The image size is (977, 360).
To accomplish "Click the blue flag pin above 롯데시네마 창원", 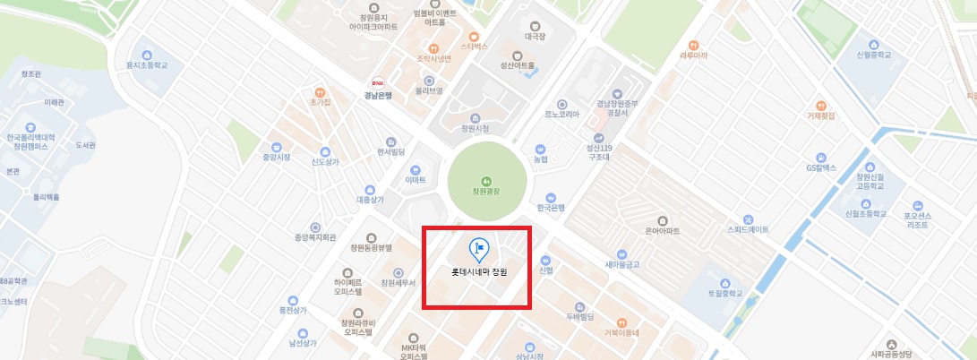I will click(478, 248).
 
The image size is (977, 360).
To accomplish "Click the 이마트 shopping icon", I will click(415, 169).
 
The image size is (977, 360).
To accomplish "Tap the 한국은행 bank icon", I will click(551, 197).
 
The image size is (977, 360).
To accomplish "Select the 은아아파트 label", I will click(662, 231).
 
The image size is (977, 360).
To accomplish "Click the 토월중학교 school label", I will click(726, 293).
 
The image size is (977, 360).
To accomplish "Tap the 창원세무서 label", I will click(399, 283).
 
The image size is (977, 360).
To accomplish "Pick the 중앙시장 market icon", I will click(277, 147).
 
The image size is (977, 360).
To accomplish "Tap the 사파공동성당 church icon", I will click(891, 344).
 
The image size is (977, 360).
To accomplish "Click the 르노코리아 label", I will click(561, 115).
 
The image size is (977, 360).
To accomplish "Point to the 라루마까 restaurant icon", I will click(693, 45).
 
